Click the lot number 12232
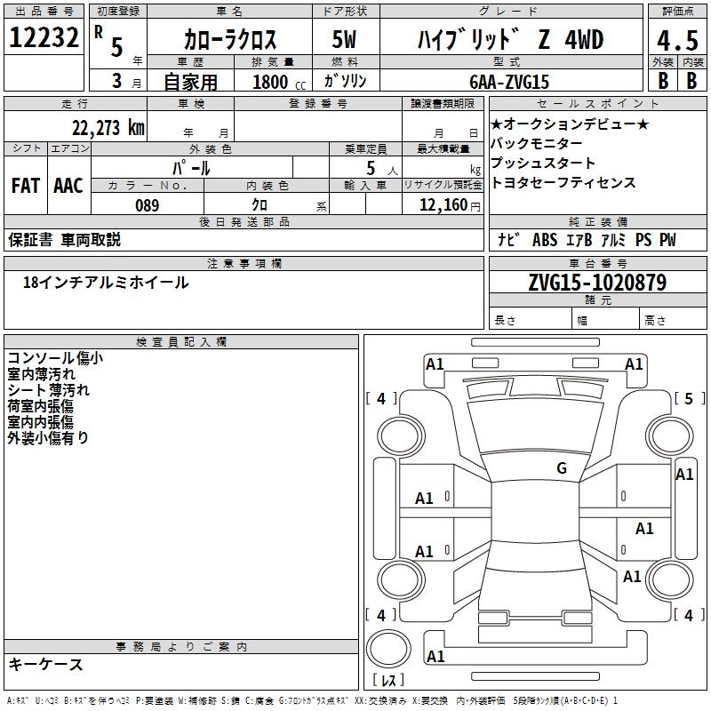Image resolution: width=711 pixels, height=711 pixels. (x=45, y=38)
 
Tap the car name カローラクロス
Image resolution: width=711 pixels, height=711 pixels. (x=229, y=40)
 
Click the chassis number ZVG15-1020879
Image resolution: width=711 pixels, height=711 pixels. (x=597, y=284)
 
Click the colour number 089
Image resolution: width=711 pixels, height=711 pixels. (x=147, y=205)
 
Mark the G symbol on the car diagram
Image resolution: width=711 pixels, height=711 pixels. (x=561, y=468)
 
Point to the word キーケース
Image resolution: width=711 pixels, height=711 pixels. (x=45, y=664)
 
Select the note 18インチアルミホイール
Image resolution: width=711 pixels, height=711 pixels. (x=106, y=283)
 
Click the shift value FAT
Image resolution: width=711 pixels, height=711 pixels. (x=26, y=185)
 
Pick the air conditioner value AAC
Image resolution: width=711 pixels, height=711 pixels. (x=68, y=185)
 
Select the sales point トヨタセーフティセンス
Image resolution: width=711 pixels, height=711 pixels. (x=563, y=182)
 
